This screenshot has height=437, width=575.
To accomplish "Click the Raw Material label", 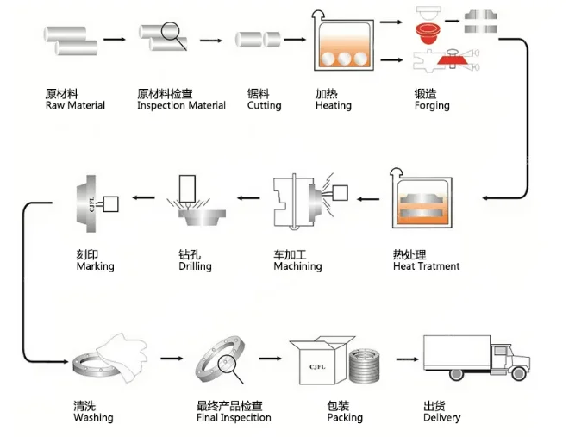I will point(75,105).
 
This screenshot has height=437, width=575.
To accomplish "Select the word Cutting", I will point(264,105).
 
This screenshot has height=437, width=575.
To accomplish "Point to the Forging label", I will point(432,105).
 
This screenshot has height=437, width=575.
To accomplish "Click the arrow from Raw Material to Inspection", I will point(116,39).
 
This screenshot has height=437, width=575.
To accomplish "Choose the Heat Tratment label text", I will point(426,266).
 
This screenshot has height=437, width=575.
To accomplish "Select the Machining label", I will point(297,266).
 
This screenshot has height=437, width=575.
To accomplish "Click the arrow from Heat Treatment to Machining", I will point(366,197).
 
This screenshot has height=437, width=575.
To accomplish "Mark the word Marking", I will point(95,266).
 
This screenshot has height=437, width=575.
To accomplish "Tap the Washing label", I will point(93,418).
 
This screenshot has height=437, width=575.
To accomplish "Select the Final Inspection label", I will point(234,418).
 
